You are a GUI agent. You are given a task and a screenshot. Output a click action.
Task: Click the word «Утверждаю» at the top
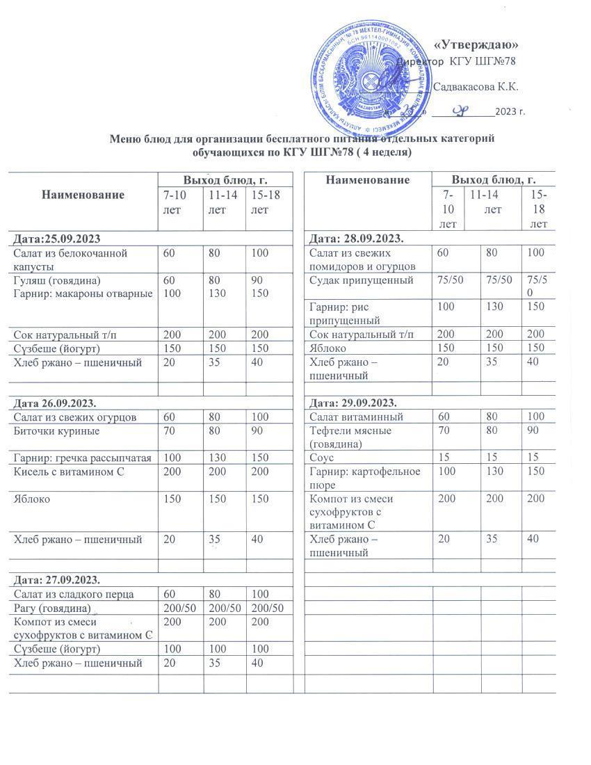point(476,45)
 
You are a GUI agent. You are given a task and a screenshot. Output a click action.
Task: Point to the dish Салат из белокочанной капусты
point(70,259)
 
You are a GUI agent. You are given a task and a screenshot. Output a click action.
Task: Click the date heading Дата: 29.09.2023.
point(353,403)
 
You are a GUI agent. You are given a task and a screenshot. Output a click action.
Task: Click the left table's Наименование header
point(83,194)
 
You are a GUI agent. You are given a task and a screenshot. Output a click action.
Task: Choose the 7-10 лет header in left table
point(180,201)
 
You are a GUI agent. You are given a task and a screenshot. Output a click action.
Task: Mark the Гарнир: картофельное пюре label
point(365,478)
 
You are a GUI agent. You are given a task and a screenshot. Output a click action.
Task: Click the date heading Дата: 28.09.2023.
point(355,239)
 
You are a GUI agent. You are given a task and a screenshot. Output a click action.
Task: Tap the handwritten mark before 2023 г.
point(461,110)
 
